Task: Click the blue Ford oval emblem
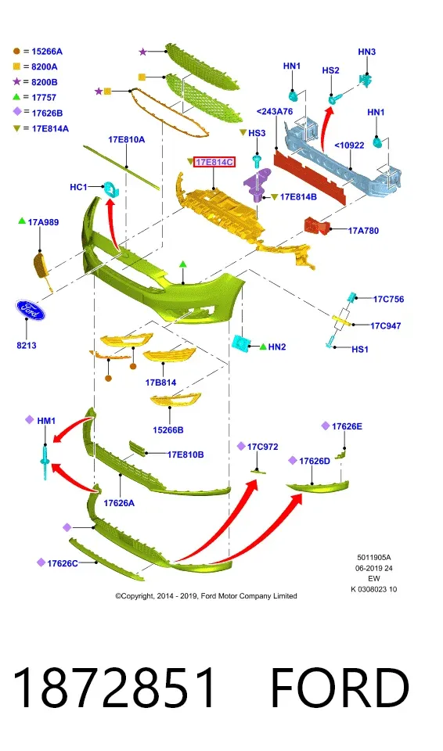30,311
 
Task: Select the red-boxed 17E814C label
214,163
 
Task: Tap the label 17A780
363,231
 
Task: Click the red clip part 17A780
316,225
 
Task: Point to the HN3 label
367,52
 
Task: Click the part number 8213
27,345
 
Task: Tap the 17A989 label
43,222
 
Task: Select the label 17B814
160,383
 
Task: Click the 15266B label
167,430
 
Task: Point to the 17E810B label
185,455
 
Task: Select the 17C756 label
388,300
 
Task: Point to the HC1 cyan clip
111,189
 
